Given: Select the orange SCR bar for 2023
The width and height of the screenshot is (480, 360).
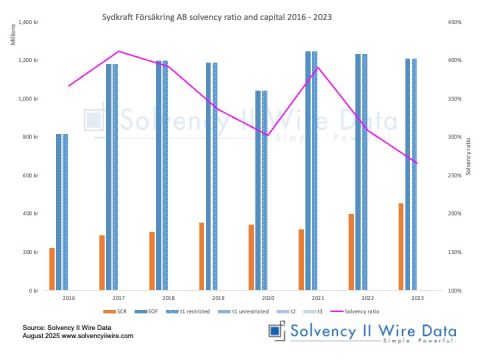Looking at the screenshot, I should [401, 247].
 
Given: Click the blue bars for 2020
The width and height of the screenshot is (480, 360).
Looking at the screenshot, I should [262, 190].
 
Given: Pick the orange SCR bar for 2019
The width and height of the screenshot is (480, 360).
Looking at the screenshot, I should [201, 256].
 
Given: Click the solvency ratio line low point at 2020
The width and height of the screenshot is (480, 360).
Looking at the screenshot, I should [268, 135].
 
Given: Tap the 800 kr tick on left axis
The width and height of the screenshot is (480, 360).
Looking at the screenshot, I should [32, 137].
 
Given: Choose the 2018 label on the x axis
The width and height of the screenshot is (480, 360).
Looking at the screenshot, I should [167, 298].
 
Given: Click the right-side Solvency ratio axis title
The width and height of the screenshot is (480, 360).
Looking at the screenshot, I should [468, 156].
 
